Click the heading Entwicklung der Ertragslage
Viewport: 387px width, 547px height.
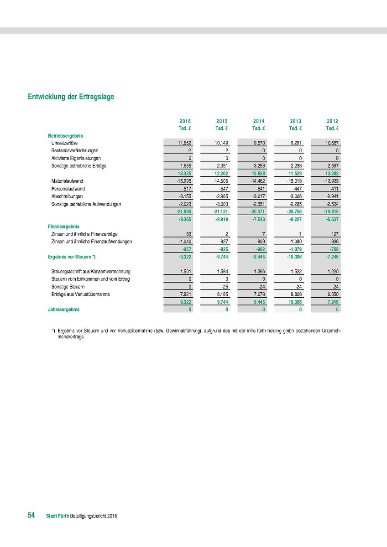pos(71,97)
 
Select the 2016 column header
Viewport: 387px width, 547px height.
pos(185,121)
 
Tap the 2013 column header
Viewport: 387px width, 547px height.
pos(295,121)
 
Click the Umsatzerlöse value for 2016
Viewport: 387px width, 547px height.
pos(184,143)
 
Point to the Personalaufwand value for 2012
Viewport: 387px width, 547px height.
pos(332,189)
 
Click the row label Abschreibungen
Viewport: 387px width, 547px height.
pos(67,196)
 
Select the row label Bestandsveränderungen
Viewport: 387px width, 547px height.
pos(75,150)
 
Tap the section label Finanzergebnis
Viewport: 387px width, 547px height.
pos(64,226)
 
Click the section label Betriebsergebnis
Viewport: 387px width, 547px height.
pos(65,136)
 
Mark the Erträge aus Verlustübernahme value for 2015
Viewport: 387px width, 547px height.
pos(221,294)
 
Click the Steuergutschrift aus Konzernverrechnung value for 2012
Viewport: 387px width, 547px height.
pos(331,272)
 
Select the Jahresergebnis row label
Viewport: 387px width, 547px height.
pos(63,310)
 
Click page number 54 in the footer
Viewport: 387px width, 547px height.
pos(31,515)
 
